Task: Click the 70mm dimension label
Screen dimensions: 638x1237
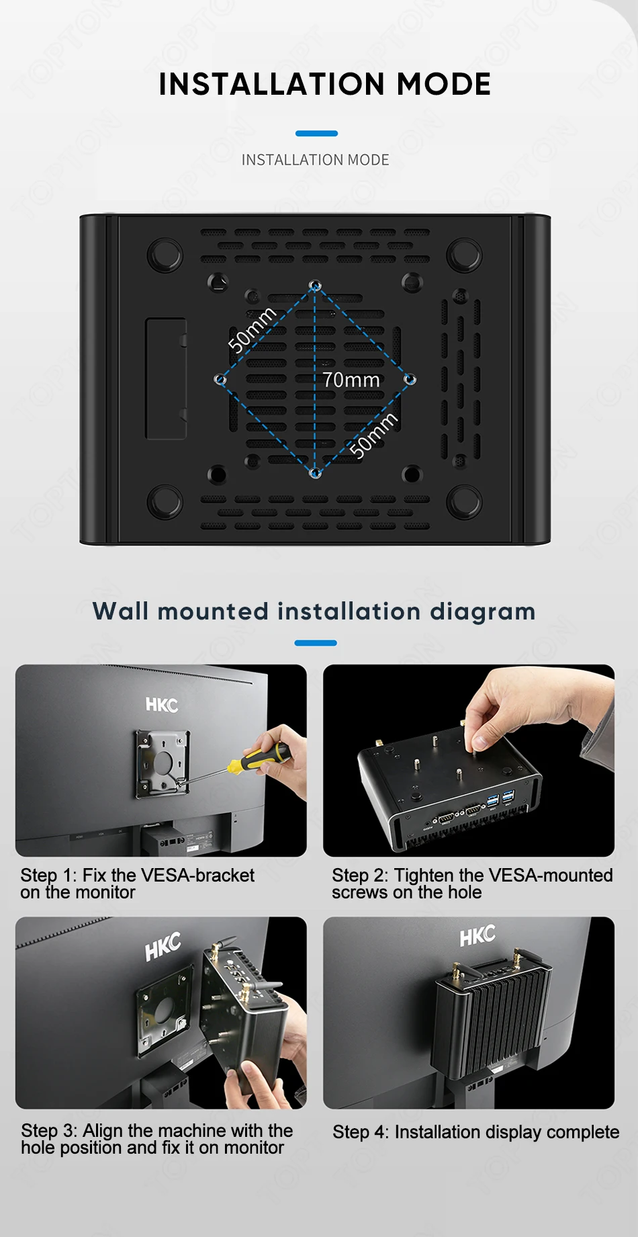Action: click(351, 380)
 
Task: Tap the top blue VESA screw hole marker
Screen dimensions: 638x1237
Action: click(315, 286)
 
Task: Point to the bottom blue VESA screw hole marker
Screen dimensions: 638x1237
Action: click(315, 473)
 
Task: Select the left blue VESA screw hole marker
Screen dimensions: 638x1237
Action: click(220, 380)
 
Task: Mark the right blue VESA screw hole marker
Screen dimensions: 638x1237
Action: click(410, 380)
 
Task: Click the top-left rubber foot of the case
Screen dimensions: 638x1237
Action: click(165, 255)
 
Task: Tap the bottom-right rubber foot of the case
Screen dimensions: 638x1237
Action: click(465, 501)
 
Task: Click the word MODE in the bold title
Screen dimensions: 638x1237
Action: click(444, 85)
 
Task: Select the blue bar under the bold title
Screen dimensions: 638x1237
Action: click(316, 134)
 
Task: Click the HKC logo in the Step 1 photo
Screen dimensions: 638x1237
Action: click(162, 704)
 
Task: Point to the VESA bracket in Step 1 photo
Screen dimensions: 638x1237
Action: click(163, 763)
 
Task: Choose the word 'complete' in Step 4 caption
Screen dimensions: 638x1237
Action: click(583, 1133)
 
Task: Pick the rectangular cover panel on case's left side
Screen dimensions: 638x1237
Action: click(166, 379)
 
